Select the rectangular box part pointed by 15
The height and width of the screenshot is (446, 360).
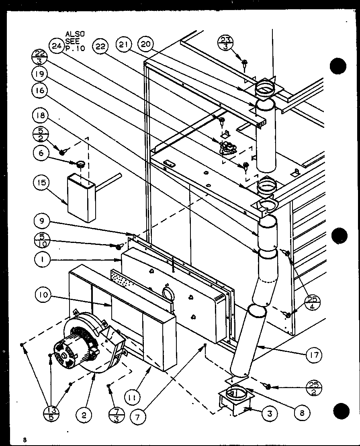click(81, 198)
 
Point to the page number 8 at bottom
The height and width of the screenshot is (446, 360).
click(25, 440)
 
